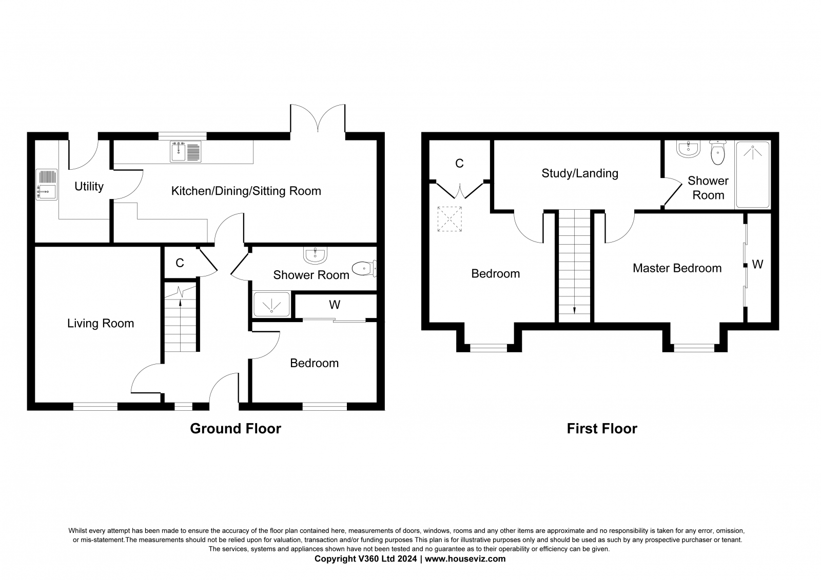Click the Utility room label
89,187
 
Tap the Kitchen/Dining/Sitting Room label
246,191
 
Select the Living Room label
101,324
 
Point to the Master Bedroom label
677,268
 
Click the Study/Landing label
580,173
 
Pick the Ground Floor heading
236,429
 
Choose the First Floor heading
602,429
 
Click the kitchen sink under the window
186,151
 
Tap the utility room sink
46,185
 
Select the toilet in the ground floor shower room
364,268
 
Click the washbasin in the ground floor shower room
315,254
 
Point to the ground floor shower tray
271,305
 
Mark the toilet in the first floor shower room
717,152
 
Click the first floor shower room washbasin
687,149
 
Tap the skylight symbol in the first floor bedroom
450,219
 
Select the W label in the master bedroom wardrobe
757,265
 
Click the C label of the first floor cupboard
459,164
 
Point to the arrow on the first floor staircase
574,309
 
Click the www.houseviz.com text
465,559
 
